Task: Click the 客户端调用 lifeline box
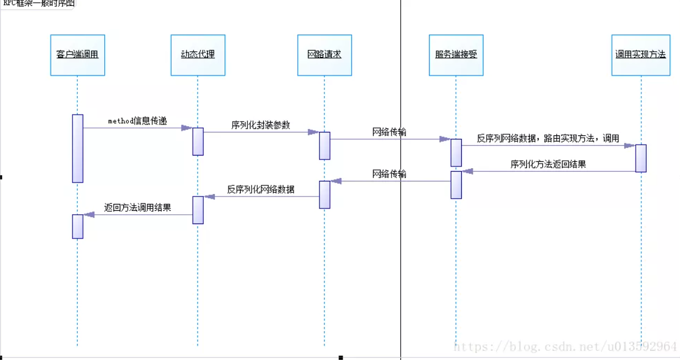(78, 55)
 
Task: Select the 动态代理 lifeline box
(198, 55)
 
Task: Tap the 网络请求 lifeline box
(324, 55)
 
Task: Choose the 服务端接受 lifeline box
(456, 55)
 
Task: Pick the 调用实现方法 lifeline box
(641, 55)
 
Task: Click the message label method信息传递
(138, 121)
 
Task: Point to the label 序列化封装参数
(261, 125)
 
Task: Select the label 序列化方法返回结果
(548, 164)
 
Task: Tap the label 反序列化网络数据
(261, 189)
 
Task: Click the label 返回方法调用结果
(138, 207)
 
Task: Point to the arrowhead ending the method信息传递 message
(187, 128)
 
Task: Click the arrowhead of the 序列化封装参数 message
(313, 132)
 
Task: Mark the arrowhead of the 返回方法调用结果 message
(89, 215)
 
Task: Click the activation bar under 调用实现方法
(641, 158)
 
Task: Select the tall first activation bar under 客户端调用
(78, 148)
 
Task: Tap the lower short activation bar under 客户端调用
(78, 226)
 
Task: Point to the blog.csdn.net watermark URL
(565, 346)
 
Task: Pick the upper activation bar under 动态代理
(198, 141)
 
